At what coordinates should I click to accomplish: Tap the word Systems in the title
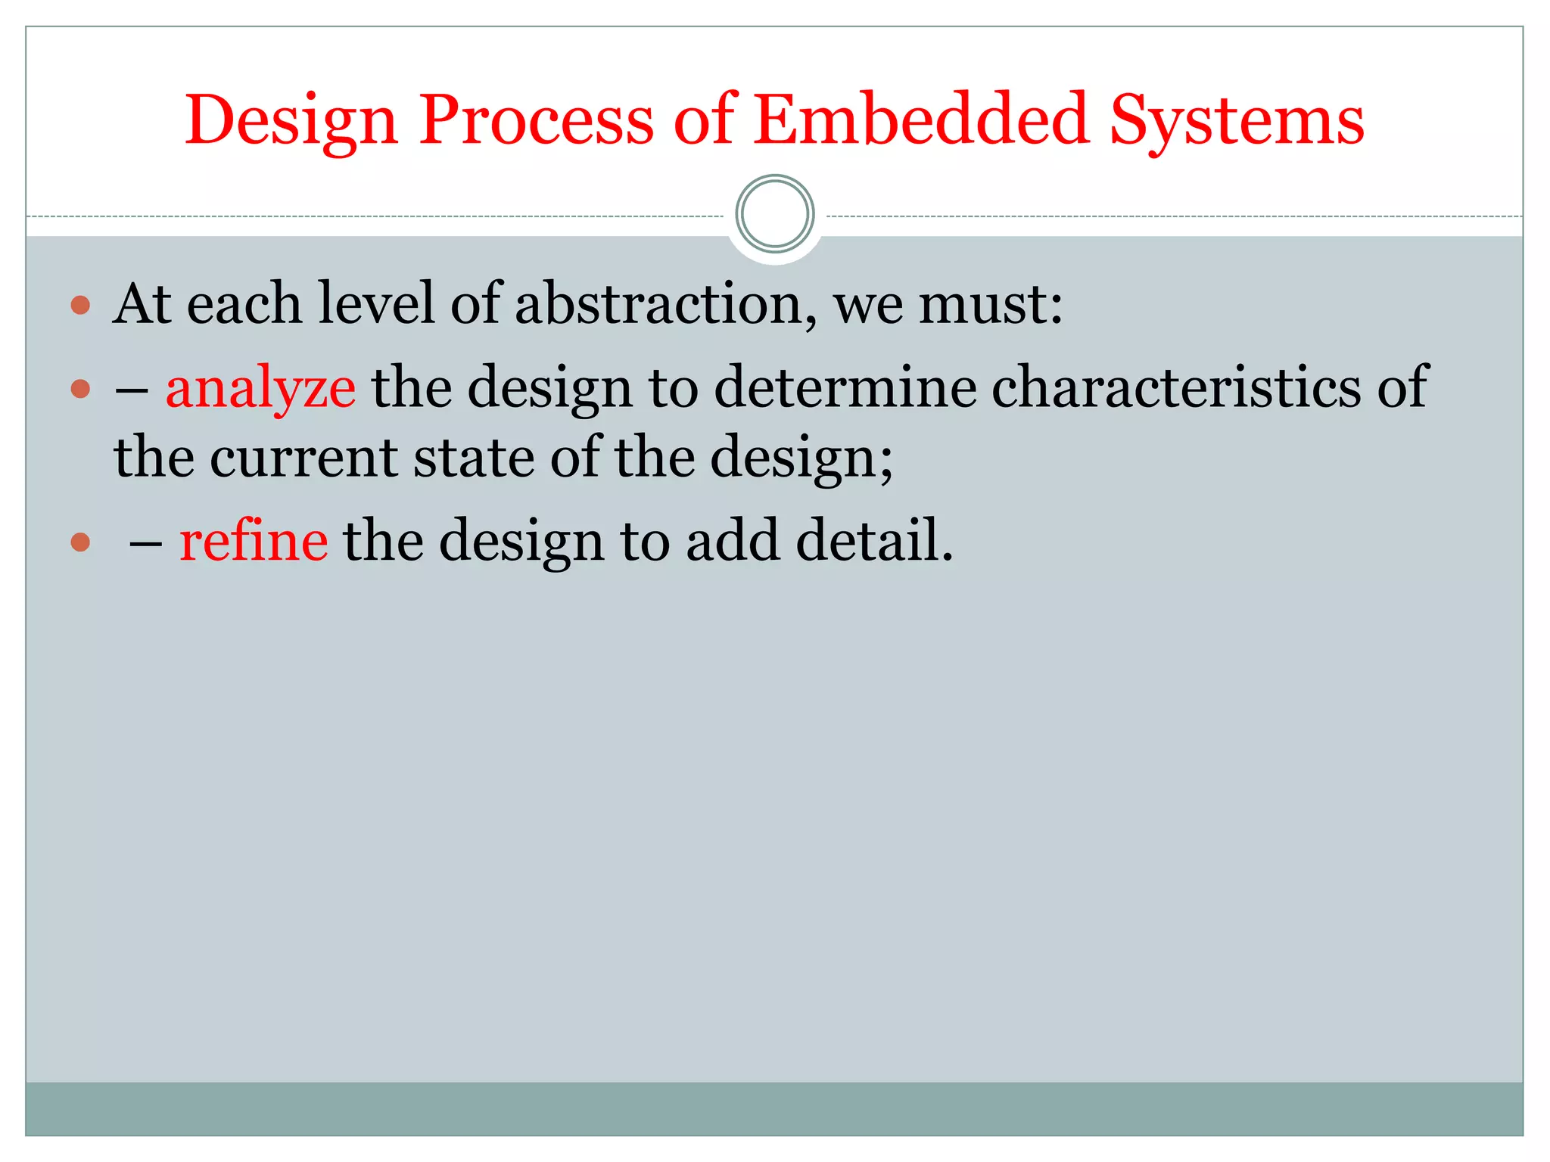coord(1237,121)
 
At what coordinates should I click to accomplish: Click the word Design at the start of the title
coord(291,121)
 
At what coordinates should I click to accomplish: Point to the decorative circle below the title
coord(774,214)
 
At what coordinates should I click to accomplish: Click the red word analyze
coord(260,388)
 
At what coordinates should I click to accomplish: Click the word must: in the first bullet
coord(991,303)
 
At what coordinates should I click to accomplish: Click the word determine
coord(845,387)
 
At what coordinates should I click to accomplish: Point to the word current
coord(303,458)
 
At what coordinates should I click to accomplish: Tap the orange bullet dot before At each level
coord(80,306)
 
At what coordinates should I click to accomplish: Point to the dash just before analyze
coord(131,390)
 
